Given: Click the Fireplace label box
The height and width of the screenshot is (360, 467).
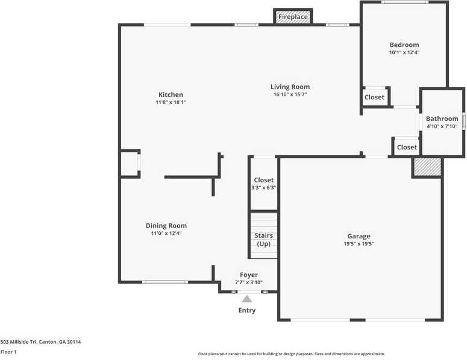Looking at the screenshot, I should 293,17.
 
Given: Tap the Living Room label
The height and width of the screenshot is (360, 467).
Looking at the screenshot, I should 290,87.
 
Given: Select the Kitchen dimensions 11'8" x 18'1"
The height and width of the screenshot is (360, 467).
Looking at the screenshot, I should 171,102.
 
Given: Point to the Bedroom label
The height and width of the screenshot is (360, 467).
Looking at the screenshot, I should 404,45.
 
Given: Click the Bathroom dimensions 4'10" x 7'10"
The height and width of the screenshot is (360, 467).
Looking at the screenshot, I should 442,126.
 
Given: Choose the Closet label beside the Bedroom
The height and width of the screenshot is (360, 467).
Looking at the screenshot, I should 374,97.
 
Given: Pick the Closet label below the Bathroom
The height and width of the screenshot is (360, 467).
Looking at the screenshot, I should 407,147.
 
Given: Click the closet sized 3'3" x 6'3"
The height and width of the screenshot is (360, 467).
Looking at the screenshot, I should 263,187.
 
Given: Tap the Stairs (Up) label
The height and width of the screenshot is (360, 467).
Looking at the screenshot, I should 264,240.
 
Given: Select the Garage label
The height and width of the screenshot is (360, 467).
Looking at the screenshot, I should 359,236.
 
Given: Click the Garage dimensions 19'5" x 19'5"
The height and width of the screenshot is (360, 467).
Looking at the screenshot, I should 359,244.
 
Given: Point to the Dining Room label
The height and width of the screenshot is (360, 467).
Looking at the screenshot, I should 166,226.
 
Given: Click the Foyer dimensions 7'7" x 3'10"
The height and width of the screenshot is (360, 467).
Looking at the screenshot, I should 249,282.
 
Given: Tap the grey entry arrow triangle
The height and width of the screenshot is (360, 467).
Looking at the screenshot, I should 247,298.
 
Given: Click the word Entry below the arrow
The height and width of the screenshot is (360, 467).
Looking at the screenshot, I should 247,311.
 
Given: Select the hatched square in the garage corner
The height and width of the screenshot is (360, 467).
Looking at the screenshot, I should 427,167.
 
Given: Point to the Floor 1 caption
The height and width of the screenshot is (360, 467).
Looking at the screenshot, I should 8,352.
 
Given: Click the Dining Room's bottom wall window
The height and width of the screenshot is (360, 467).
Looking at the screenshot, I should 165,282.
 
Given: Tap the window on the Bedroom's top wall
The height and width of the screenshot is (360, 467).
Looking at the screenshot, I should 404,2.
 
